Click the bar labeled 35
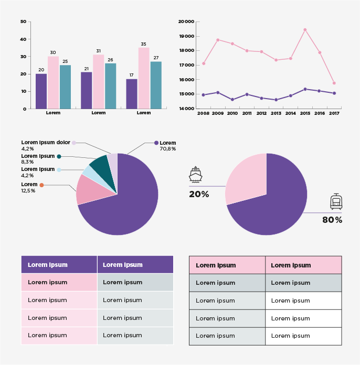click(x=144, y=78)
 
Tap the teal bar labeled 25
click(x=65, y=87)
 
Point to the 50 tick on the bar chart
click(x=23, y=22)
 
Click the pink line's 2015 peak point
click(x=305, y=30)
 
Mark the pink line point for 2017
click(x=334, y=83)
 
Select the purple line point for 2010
click(x=232, y=99)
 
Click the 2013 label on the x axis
click(x=276, y=113)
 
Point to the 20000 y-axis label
click(x=186, y=22)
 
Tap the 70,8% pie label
click(x=167, y=149)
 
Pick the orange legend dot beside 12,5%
click(x=41, y=185)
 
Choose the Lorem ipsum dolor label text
click(x=46, y=143)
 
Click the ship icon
click(x=196, y=174)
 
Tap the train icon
click(x=336, y=201)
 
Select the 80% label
click(x=332, y=220)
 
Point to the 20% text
click(x=199, y=195)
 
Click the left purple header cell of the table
click(x=59, y=265)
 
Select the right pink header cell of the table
click(x=303, y=265)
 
